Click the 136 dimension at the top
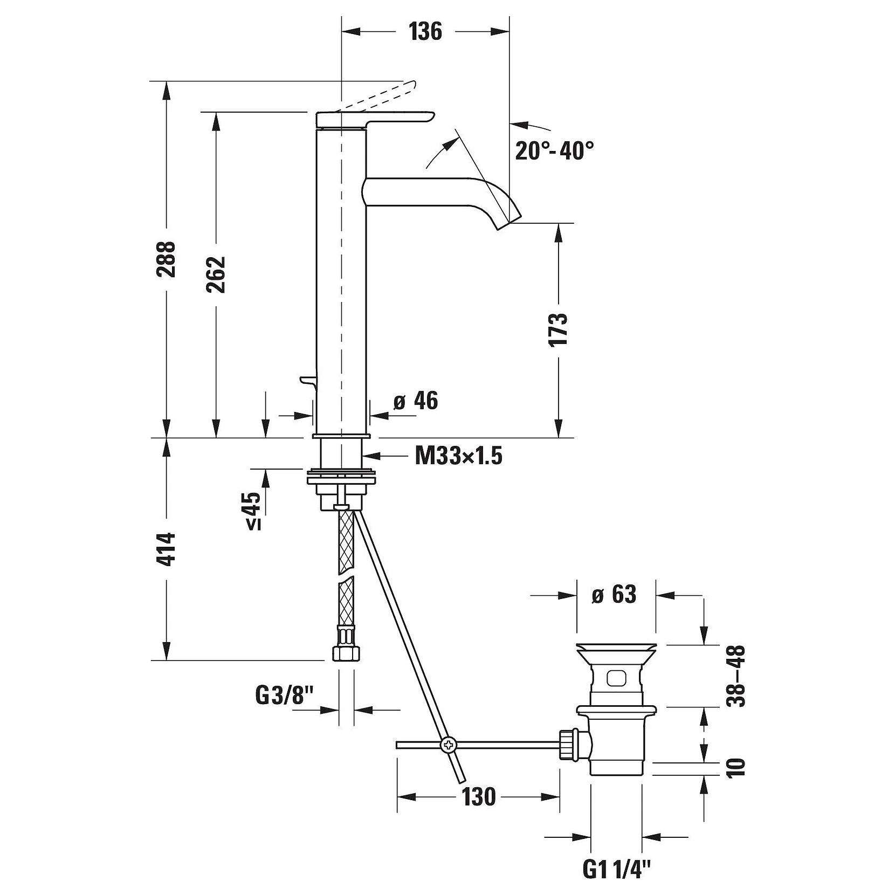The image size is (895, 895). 425,32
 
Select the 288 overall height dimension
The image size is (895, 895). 167,259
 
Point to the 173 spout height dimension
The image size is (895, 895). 559,329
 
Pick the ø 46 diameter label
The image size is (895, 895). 416,401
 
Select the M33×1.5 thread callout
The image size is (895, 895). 459,457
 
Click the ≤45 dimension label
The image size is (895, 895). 254,511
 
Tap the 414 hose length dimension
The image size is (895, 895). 167,549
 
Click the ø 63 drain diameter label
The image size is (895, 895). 614,595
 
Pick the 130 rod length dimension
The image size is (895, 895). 478,796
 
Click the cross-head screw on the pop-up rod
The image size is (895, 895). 448,745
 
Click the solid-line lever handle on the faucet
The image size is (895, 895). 375,120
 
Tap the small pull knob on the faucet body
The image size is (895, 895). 307,382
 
